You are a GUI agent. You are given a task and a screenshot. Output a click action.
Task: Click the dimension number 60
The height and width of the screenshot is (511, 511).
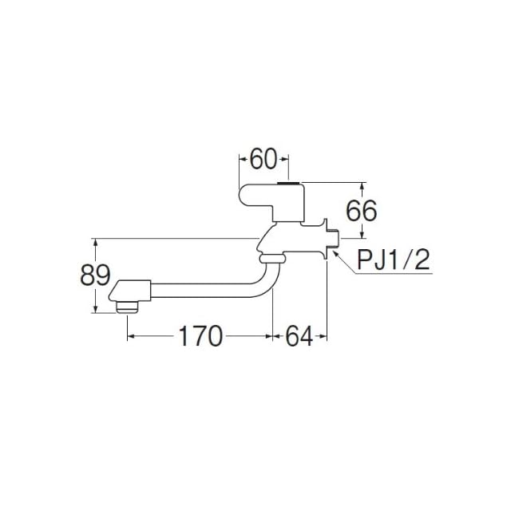tap(263, 159)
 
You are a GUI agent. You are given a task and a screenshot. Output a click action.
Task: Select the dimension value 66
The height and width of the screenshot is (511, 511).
tap(362, 211)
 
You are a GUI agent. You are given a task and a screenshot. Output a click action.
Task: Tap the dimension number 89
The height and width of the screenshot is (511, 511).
tap(95, 275)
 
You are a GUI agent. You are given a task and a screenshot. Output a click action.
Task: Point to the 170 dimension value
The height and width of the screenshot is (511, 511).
tap(200, 336)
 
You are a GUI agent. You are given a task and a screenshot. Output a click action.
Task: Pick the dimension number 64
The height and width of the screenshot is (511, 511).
tap(299, 336)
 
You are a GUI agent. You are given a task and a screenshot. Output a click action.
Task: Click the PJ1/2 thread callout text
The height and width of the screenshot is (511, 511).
tap(394, 259)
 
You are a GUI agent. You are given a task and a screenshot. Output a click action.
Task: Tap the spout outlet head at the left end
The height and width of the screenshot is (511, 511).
tap(129, 291)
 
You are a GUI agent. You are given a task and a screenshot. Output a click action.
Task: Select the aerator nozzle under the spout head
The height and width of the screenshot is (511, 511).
tap(128, 307)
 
